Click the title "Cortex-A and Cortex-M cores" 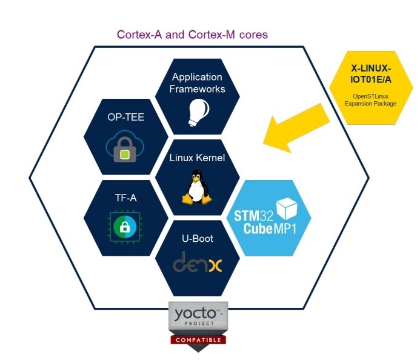tap(192, 35)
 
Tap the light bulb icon tap(197, 112)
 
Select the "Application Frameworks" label tap(198, 83)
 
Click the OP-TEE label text tap(125, 116)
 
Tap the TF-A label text tap(126, 198)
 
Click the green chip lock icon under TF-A tap(126, 227)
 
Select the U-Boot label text tap(198, 238)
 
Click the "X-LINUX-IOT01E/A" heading tap(371, 73)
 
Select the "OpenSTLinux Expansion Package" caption tap(371, 99)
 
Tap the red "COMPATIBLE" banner tap(198, 340)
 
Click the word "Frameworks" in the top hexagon tap(198, 89)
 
